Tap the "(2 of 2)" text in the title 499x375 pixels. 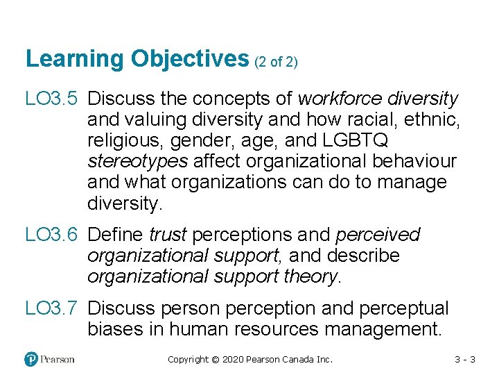(276, 62)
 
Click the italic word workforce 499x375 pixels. (340, 99)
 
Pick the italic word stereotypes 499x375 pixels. (137, 161)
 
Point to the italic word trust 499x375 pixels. (167, 235)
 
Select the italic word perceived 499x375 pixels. (380, 235)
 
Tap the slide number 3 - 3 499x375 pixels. (464, 359)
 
